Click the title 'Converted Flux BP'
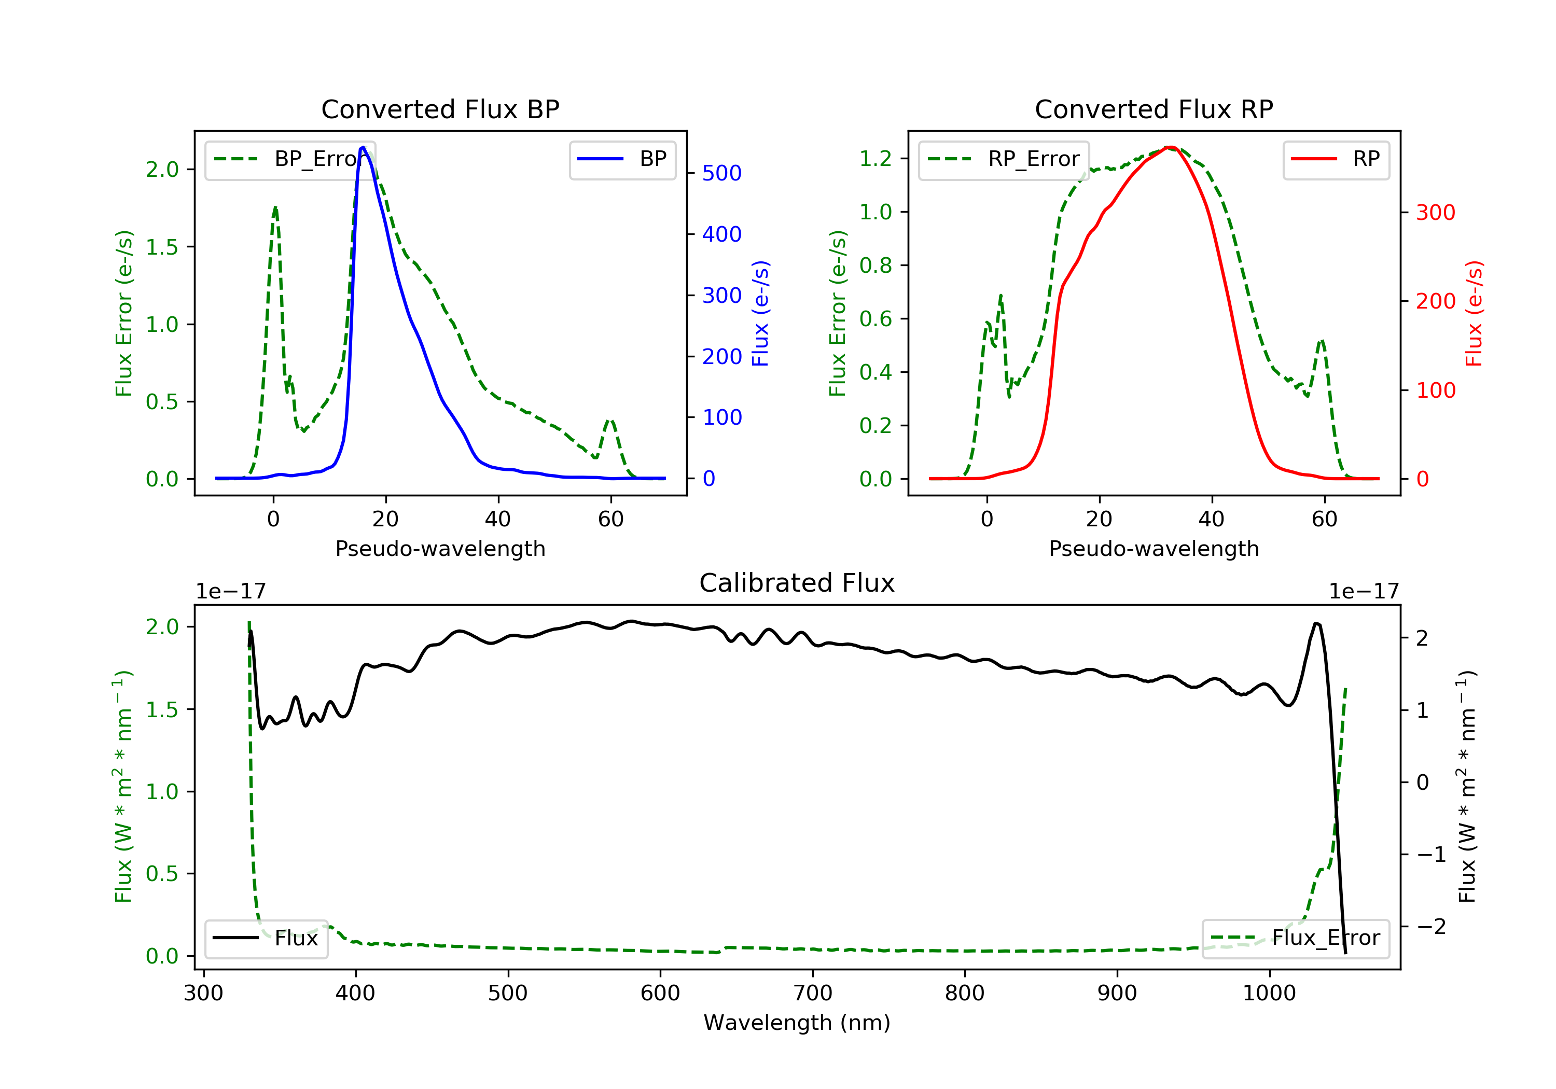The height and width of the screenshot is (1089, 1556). (x=440, y=109)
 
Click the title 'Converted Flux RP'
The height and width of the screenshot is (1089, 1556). (x=1154, y=109)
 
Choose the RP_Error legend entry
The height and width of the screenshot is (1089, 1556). (x=1004, y=159)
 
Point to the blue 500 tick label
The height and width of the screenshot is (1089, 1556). (x=722, y=174)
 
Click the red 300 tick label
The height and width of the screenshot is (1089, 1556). (x=1435, y=213)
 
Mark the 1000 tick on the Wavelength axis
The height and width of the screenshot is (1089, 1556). (x=1269, y=994)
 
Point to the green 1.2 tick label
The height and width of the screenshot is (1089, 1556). (x=876, y=159)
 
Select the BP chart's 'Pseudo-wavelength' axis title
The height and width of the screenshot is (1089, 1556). (x=440, y=548)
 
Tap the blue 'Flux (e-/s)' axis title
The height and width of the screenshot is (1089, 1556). (x=760, y=313)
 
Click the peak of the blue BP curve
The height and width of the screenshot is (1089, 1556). (x=363, y=147)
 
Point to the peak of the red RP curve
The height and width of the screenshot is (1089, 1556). (x=1170, y=147)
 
